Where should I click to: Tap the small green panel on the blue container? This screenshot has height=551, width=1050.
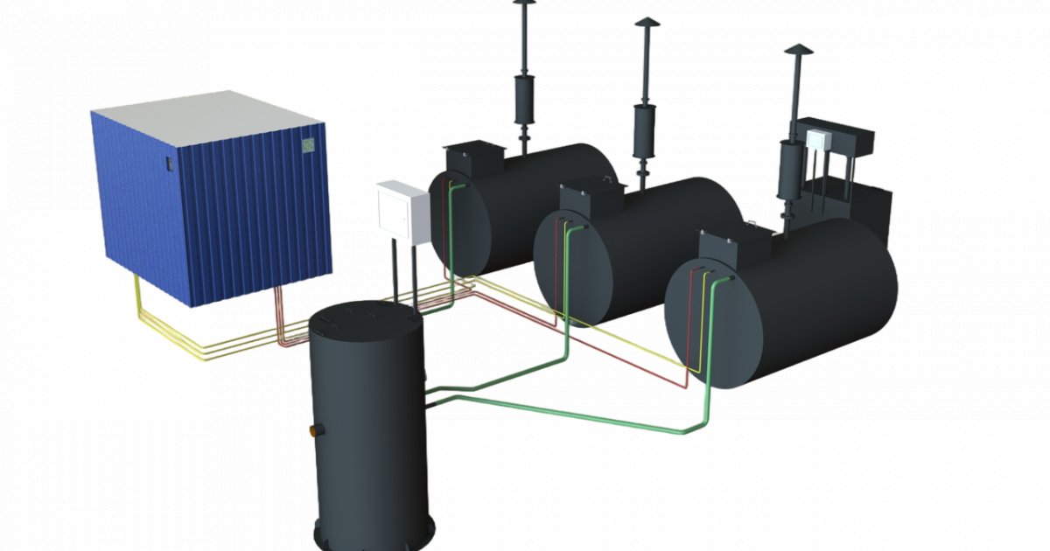[x=308, y=147]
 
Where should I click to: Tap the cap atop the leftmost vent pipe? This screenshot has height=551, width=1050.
[x=524, y=4]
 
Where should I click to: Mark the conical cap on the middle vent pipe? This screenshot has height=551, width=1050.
[x=647, y=23]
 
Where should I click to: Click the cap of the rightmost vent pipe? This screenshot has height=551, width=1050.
[x=796, y=51]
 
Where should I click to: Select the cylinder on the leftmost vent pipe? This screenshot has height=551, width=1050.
[x=524, y=99]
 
